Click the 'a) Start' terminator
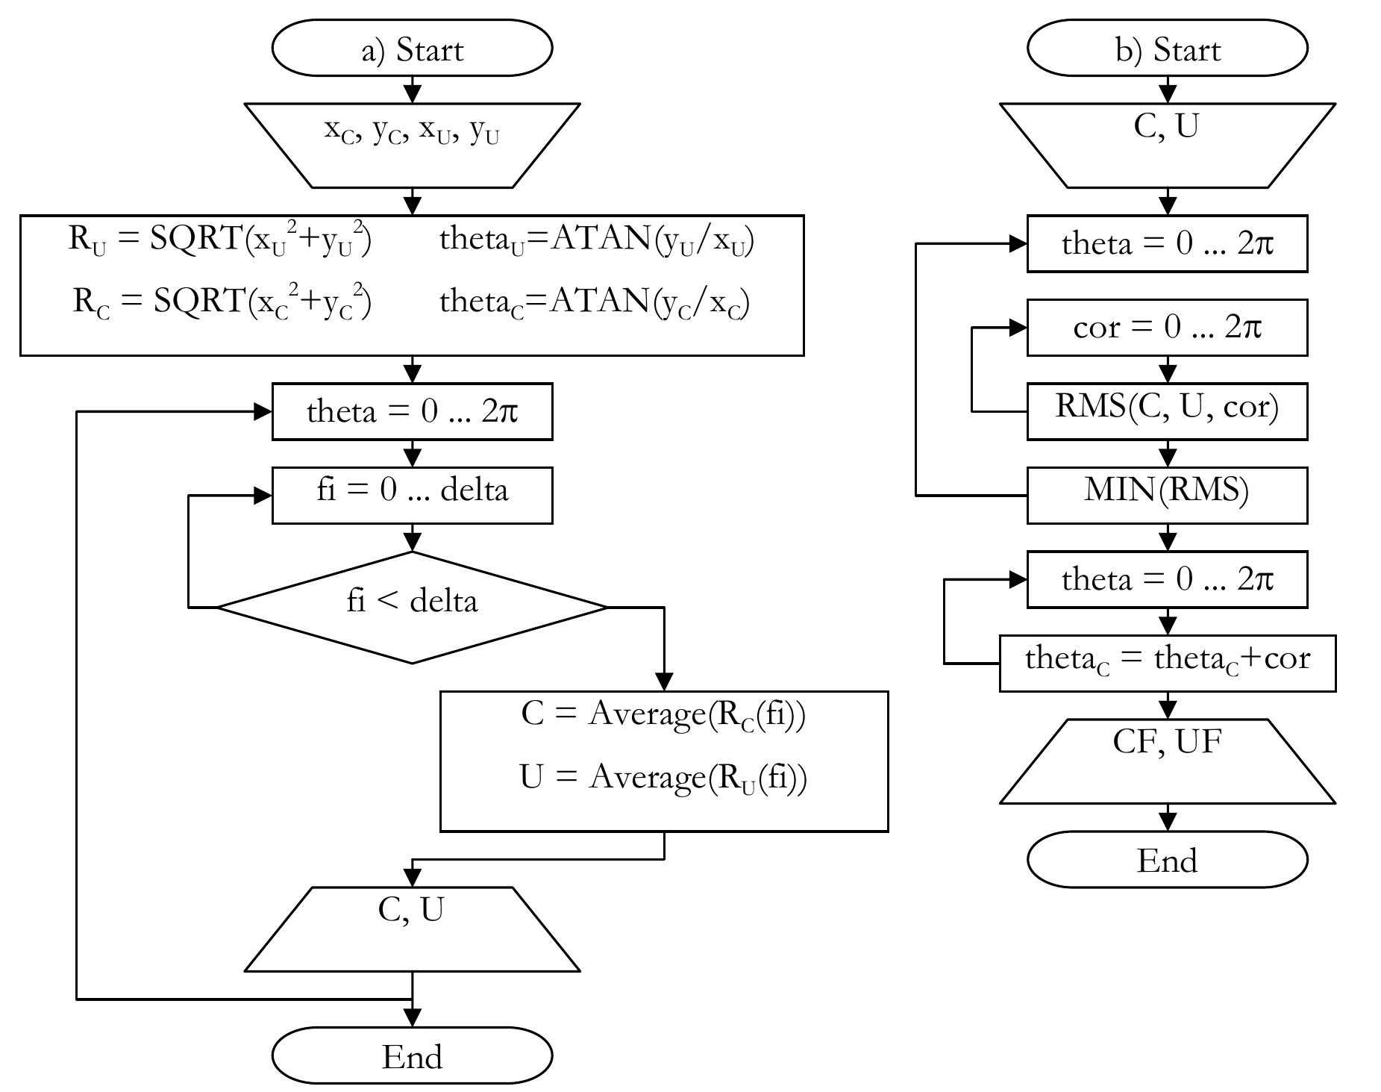point(412,49)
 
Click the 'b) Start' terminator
point(1167,49)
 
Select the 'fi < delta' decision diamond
point(412,607)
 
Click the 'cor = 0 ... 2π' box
point(1167,328)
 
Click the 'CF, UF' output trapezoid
point(1167,761)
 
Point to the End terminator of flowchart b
point(1167,859)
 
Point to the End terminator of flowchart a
point(412,1055)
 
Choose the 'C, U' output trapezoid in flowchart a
point(412,929)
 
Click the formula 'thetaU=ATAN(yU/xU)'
point(597,240)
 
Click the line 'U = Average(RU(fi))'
point(663,778)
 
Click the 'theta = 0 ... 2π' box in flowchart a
point(412,411)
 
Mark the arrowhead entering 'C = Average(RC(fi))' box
point(663,681)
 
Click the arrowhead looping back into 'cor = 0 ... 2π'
point(1018,328)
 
